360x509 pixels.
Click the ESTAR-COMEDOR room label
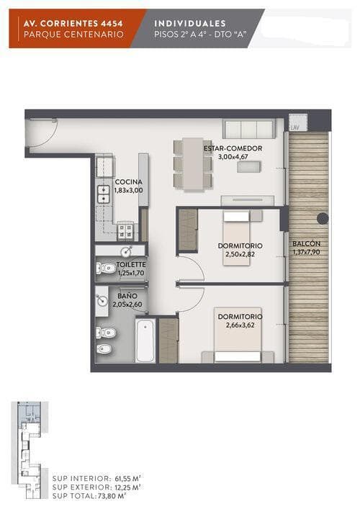click(x=233, y=148)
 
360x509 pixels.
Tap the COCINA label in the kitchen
click(x=129, y=182)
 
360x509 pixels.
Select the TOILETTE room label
click(x=131, y=265)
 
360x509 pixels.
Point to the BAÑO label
click(x=127, y=296)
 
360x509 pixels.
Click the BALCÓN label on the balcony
click(x=306, y=243)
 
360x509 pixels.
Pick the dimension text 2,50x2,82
click(x=240, y=254)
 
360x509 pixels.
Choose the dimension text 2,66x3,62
click(x=240, y=325)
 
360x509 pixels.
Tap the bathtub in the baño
click(x=145, y=341)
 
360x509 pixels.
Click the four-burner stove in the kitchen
click(x=125, y=231)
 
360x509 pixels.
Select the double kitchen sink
click(x=104, y=194)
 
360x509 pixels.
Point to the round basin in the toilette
click(x=125, y=251)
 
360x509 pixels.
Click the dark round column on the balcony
click(x=323, y=219)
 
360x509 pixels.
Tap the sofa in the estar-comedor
click(x=249, y=129)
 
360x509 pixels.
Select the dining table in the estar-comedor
click(x=193, y=164)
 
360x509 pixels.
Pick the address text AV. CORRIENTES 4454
click(x=73, y=24)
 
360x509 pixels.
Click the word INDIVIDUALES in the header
click(x=190, y=23)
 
